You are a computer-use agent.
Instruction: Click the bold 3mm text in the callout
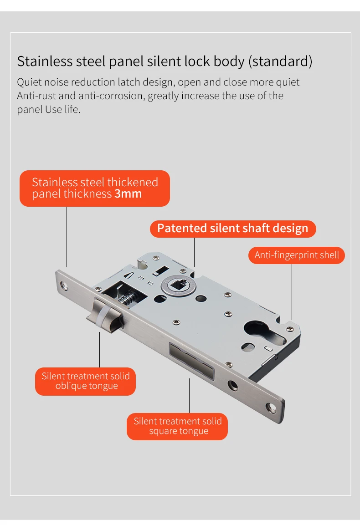coord(128,194)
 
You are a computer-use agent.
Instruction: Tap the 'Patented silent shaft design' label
coord(233,229)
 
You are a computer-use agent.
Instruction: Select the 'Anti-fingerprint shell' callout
coord(297,255)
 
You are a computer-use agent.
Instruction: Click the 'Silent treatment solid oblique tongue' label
coord(86,381)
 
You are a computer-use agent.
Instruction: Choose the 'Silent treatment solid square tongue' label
coord(177,426)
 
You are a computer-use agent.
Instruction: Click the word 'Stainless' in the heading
coord(45,61)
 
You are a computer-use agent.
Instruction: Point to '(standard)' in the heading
coord(280,61)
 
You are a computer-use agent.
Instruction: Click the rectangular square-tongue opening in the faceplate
coord(191,361)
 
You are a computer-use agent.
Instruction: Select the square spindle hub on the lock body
coord(178,285)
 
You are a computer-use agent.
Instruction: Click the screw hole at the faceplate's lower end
coord(271,408)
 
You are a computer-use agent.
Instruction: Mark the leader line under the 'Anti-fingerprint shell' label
coord(292,292)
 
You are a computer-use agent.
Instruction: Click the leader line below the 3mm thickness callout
coord(67,237)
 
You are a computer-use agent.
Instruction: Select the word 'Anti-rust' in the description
coord(36,96)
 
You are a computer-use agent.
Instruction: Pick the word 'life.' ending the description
coord(72,110)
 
